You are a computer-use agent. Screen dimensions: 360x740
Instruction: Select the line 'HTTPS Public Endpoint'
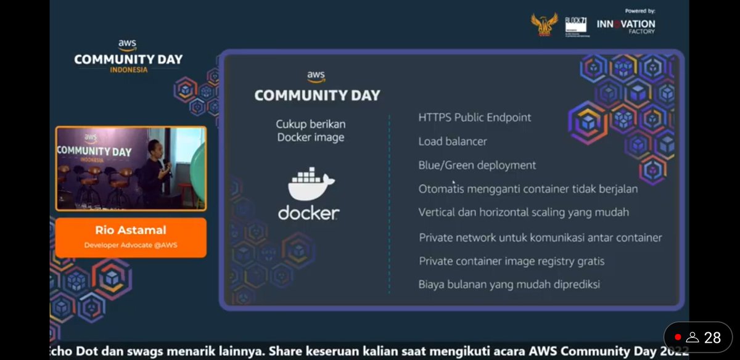pyautogui.click(x=474, y=118)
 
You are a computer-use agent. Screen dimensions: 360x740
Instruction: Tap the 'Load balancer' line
pyautogui.click(x=452, y=142)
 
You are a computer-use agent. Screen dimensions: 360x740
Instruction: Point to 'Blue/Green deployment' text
pyautogui.click(x=477, y=165)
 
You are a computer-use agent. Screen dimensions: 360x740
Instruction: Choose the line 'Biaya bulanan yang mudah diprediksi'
pyautogui.click(x=509, y=285)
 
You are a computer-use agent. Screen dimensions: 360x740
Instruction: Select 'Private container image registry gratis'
pyautogui.click(x=511, y=261)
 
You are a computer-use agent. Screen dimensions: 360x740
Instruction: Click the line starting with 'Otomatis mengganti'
pyautogui.click(x=527, y=189)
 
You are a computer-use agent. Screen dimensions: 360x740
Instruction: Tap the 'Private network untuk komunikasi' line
pyautogui.click(x=540, y=237)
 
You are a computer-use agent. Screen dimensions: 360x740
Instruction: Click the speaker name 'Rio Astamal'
pyautogui.click(x=130, y=231)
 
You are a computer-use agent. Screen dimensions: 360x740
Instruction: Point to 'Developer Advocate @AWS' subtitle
pyautogui.click(x=130, y=245)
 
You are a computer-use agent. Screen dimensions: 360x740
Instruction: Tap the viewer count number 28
pyautogui.click(x=712, y=337)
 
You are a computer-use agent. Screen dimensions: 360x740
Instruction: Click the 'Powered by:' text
pyautogui.click(x=639, y=11)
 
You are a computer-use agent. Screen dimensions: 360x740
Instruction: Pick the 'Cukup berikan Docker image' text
pyautogui.click(x=310, y=131)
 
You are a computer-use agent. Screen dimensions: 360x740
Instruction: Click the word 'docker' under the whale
pyautogui.click(x=308, y=213)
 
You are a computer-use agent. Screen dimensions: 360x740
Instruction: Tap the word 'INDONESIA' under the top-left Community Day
pyautogui.click(x=128, y=70)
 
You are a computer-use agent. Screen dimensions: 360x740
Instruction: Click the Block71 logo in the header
pyautogui.click(x=576, y=27)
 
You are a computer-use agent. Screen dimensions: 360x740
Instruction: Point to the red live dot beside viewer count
pyautogui.click(x=678, y=337)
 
